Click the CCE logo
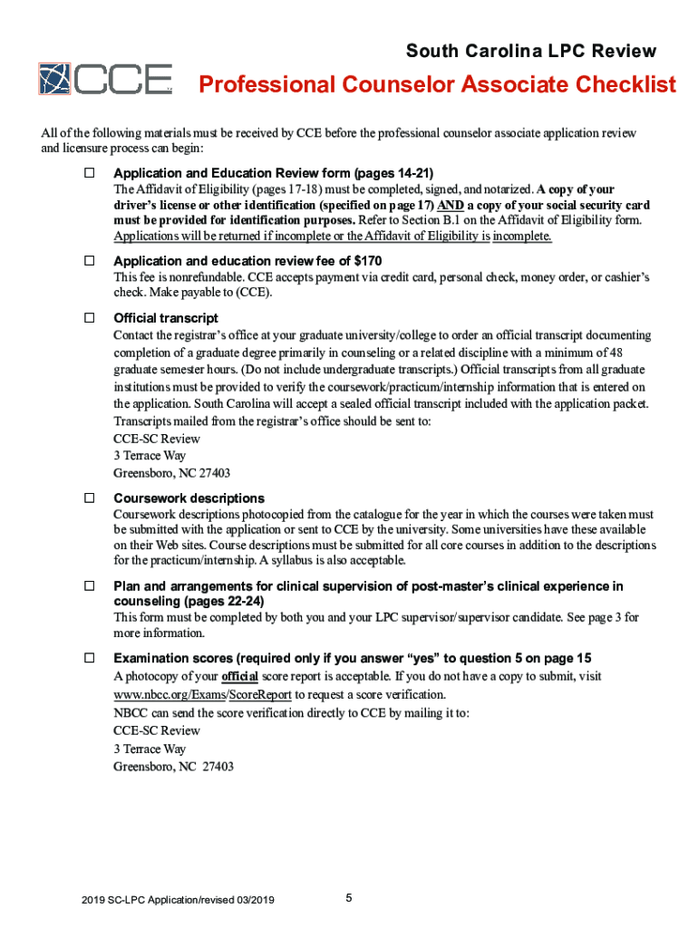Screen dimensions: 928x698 pyautogui.click(x=104, y=79)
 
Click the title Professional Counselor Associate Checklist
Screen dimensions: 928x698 pyautogui.click(x=437, y=85)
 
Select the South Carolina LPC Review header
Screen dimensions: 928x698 pyautogui.click(x=530, y=51)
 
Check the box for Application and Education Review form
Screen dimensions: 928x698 pyautogui.click(x=90, y=172)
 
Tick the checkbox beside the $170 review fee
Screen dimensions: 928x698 pyautogui.click(x=90, y=260)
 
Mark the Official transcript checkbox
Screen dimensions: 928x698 pyautogui.click(x=90, y=317)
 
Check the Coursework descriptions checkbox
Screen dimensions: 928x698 pyautogui.click(x=90, y=498)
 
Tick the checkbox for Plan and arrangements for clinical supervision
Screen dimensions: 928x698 pyautogui.click(x=90, y=586)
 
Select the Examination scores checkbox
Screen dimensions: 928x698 pyautogui.click(x=90, y=657)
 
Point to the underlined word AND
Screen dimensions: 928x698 pyautogui.click(x=451, y=205)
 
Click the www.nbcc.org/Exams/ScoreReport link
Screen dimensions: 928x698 pyautogui.click(x=189, y=694)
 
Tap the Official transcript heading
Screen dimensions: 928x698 pyautogui.click(x=165, y=318)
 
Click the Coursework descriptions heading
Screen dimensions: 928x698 pyautogui.click(x=189, y=498)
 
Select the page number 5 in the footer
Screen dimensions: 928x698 pyautogui.click(x=349, y=898)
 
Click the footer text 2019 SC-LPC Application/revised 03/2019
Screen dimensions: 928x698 pyautogui.click(x=178, y=900)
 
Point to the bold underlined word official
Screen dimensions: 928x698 pyautogui.click(x=239, y=677)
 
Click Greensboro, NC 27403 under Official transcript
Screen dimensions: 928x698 pyautogui.click(x=171, y=473)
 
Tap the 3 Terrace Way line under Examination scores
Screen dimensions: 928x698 pyautogui.click(x=150, y=749)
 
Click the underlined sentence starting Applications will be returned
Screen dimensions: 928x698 pyautogui.click(x=332, y=237)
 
